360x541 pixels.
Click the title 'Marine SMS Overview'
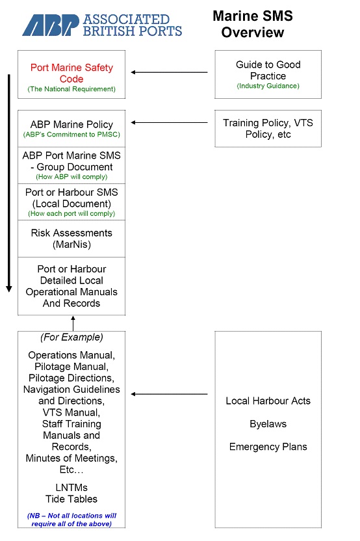pyautogui.click(x=252, y=24)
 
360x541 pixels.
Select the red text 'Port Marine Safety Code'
pyautogui.click(x=71, y=73)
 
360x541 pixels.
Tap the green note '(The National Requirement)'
pyautogui.click(x=71, y=88)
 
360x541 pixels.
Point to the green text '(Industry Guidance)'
pyautogui.click(x=268, y=86)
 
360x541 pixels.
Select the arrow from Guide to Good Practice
pyautogui.click(x=170, y=72)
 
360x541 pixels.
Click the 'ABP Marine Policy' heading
pyautogui.click(x=71, y=124)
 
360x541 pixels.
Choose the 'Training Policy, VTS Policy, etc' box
pyautogui.click(x=268, y=128)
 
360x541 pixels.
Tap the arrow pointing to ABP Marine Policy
pyautogui.click(x=170, y=122)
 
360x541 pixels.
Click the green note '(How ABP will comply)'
pyautogui.click(x=71, y=177)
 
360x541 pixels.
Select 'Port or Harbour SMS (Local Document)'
pyautogui.click(x=71, y=198)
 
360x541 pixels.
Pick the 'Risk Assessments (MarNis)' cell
pyautogui.click(x=71, y=238)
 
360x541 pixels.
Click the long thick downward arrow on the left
pyautogui.click(x=9, y=182)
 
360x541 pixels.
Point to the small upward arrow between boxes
pyautogui.click(x=73, y=323)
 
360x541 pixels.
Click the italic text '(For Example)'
pyautogui.click(x=71, y=337)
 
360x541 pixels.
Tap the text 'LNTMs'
pyautogui.click(x=71, y=488)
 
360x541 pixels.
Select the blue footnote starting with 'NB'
pyautogui.click(x=71, y=519)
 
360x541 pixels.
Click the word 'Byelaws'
pyautogui.click(x=268, y=424)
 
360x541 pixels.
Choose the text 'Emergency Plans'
pyautogui.click(x=268, y=447)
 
